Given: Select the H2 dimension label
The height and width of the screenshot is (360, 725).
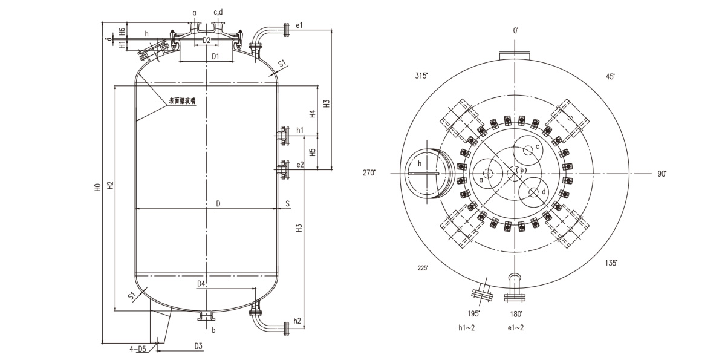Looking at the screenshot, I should coord(110,184).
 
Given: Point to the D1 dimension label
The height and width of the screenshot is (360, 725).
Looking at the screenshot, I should coord(215,56).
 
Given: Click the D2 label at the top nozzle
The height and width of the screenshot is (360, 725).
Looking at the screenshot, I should coord(206,40).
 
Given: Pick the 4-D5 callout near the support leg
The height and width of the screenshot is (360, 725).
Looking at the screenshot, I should coord(138,349).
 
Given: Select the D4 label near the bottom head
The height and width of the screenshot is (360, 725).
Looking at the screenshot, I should coord(201,284).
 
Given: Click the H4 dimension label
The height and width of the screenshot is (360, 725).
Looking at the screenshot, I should coord(312,113).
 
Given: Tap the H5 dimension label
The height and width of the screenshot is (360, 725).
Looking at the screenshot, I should coord(312,152).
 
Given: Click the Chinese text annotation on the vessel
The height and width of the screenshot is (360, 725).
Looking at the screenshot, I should coord(182,102).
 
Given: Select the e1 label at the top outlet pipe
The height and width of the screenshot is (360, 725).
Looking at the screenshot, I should coord(299,25).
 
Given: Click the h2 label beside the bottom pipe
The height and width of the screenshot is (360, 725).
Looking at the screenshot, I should coord(297,320).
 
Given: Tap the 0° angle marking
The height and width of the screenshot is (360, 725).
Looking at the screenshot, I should coord(516,30).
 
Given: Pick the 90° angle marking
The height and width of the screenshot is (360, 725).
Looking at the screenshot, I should coord(662,174).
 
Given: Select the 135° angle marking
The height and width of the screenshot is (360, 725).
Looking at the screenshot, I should coord(611,263).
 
